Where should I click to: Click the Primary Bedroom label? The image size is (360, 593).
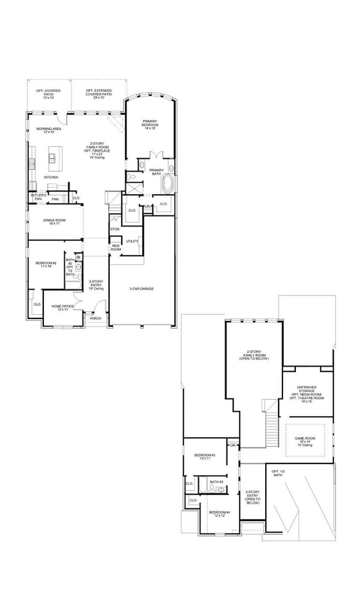pos(150,123)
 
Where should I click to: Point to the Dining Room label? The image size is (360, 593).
pos(54,223)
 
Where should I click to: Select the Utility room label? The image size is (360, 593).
pos(132,241)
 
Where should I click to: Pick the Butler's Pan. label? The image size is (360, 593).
pos(38,197)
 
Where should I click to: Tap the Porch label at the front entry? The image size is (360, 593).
pos(89,318)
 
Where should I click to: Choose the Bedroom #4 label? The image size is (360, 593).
pos(219,514)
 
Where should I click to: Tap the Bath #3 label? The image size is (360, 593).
pos(217,482)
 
